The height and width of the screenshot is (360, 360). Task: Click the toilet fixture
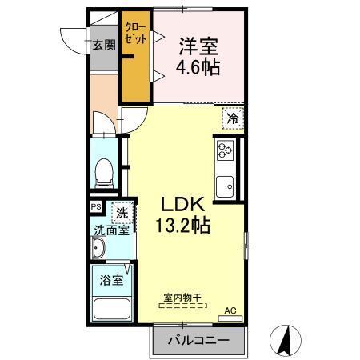click(x=102, y=170)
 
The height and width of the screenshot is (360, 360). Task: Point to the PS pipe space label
click(x=96, y=207)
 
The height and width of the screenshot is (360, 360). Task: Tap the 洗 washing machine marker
click(x=122, y=213)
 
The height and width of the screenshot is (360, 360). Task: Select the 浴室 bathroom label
click(x=111, y=281)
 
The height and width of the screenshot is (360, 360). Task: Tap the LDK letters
click(x=182, y=204)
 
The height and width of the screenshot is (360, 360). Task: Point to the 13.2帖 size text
click(x=183, y=226)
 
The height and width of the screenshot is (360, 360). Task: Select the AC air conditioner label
click(x=230, y=309)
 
